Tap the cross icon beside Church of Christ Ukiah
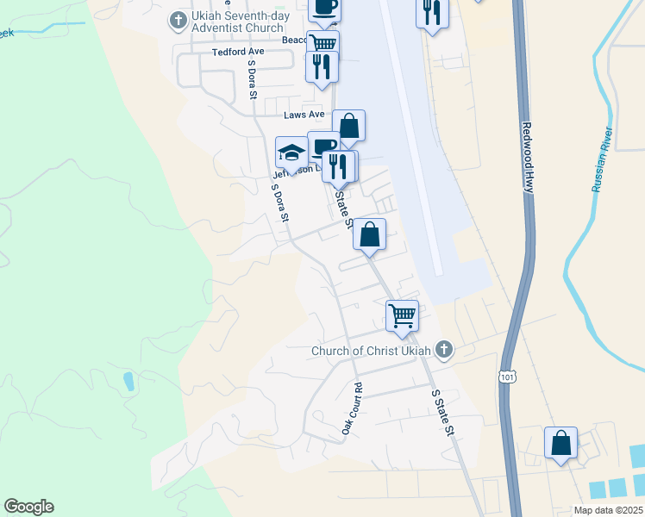[444, 349]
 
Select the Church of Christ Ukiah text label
[373, 351]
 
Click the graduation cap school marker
[291, 153]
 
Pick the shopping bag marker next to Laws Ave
[348, 126]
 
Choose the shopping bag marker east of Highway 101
[560, 443]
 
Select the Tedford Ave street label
[237, 52]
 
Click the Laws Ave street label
[305, 114]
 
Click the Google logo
[28, 507]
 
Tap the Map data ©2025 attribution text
[607, 510]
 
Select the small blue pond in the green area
[128, 381]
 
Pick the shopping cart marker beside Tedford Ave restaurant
[322, 44]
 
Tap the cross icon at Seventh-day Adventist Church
[178, 19]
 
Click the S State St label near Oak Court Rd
[441, 411]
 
